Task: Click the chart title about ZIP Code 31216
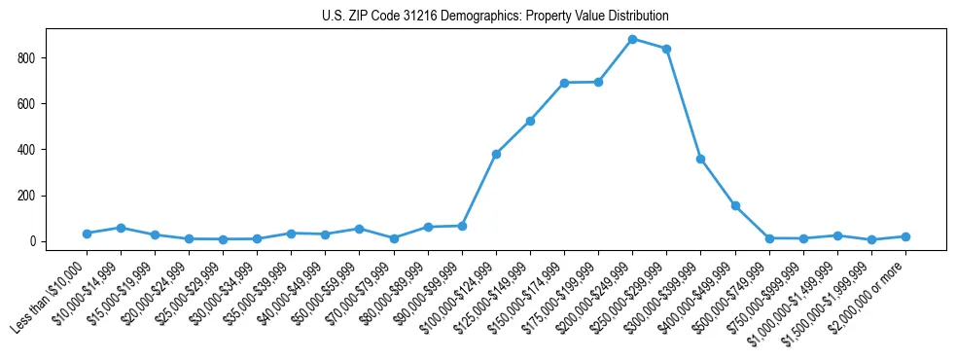click(495, 17)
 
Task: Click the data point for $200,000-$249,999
click(632, 39)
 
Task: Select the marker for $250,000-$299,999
click(666, 49)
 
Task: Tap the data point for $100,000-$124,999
click(496, 154)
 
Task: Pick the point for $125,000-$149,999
click(530, 121)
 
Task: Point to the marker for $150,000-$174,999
click(564, 83)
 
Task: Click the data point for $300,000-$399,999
click(700, 159)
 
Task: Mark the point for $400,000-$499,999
click(735, 205)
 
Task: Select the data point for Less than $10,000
click(87, 234)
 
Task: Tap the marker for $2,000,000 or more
click(905, 236)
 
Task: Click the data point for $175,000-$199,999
click(598, 82)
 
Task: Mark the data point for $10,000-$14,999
click(121, 228)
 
